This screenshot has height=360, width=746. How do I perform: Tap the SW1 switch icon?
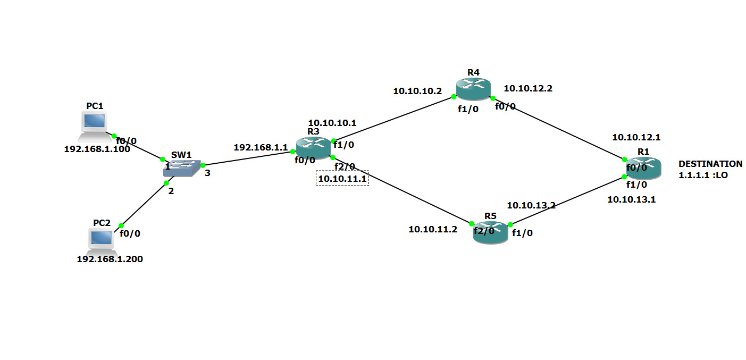182,169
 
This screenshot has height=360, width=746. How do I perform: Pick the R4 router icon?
473,89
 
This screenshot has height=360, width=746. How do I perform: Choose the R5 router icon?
490,232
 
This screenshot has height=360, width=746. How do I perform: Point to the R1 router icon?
643,168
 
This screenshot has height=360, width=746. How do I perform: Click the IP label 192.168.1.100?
97,149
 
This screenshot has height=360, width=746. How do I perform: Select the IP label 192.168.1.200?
110,259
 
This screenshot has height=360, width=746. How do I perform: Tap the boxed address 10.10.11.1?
342,179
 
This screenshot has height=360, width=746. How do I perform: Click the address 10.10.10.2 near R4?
417,91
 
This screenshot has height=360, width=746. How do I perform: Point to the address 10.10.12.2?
528,89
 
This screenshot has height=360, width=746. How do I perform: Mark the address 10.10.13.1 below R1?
632,199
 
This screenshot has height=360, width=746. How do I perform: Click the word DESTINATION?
710,164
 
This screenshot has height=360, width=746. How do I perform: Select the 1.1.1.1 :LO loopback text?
702,174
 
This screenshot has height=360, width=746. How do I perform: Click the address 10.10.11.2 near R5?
433,229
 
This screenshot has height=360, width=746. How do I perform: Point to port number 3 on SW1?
207,172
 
